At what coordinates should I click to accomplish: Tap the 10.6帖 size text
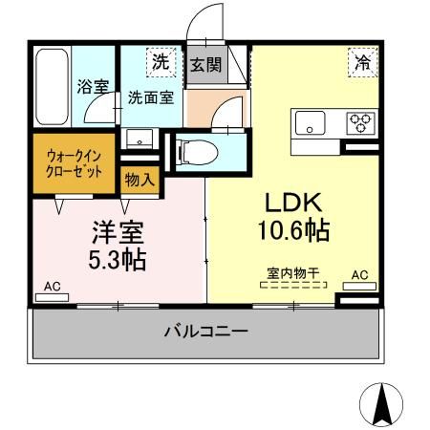coord(293,230)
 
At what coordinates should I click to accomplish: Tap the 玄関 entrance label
coord(204,65)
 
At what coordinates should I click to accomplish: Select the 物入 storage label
coord(139,179)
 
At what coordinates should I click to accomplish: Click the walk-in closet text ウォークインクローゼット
coord(75,165)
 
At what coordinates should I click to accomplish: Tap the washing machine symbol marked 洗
coord(161,61)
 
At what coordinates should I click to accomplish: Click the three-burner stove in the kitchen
coord(361,121)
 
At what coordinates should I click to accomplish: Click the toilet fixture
coord(195,149)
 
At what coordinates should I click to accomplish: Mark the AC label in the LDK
coord(359,276)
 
